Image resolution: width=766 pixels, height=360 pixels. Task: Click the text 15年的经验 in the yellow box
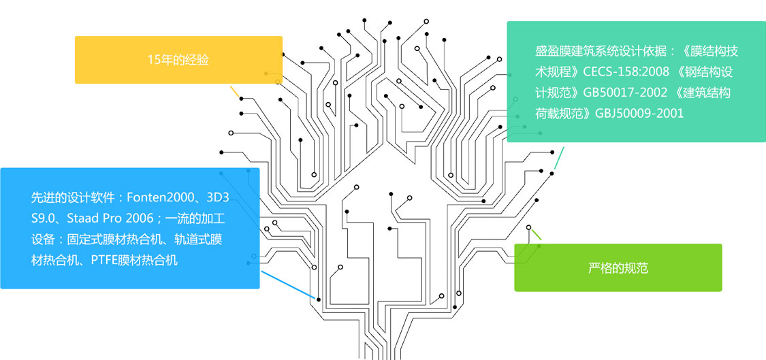coord(178,60)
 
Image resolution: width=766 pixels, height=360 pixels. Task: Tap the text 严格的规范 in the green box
coord(618,268)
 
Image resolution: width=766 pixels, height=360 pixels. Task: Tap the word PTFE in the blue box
coord(103,260)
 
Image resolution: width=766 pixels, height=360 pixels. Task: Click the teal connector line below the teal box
coord(560,157)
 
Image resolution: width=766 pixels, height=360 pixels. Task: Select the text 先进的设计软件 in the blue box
coord(72,198)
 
